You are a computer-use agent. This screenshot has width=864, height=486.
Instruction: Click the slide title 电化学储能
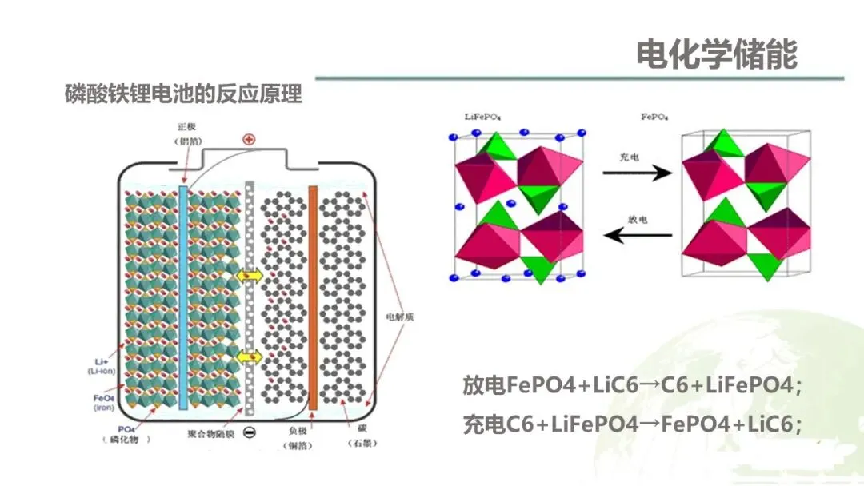716,55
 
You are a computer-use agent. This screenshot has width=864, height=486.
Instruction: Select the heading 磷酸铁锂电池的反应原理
183,94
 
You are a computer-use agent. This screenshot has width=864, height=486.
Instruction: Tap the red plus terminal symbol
250,140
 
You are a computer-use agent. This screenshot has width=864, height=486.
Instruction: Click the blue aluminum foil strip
184,296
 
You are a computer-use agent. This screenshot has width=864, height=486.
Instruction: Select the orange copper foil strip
313,296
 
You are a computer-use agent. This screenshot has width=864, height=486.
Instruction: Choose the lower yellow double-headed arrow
250,356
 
